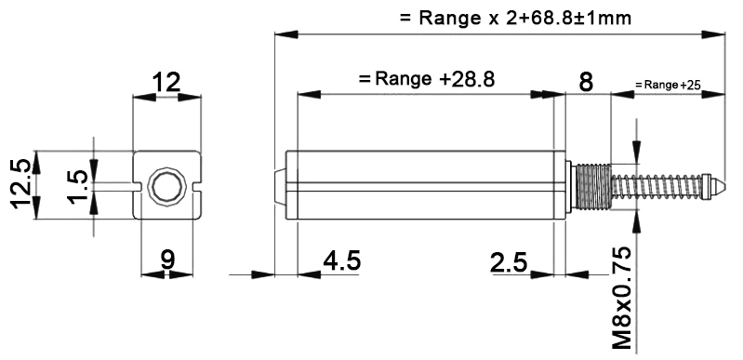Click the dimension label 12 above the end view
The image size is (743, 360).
click(x=167, y=83)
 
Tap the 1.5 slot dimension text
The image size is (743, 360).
click(x=79, y=187)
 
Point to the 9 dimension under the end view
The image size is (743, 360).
click(x=167, y=260)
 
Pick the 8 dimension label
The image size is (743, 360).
click(x=586, y=82)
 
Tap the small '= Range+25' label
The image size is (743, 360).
click(x=668, y=85)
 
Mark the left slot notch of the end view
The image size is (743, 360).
click(x=142, y=186)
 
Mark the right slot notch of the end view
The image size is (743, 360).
click(x=194, y=186)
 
